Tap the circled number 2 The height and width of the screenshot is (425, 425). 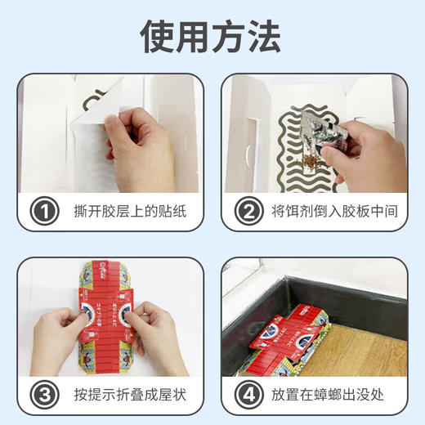click(x=245, y=212)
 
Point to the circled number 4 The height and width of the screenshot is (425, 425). click(x=245, y=395)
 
